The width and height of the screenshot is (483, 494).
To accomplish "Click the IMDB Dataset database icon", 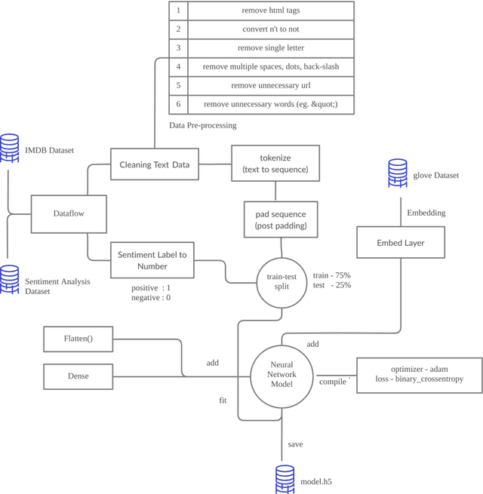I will [10, 148].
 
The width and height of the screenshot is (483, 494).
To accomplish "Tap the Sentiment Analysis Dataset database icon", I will [10, 279].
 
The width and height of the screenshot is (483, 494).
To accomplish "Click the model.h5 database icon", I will [285, 479].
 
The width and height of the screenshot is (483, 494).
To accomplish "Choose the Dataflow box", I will [69, 213].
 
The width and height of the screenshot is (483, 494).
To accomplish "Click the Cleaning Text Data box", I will [155, 164].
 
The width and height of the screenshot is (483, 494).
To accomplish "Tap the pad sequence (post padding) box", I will [281, 219].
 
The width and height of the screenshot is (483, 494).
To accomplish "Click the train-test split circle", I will [281, 281].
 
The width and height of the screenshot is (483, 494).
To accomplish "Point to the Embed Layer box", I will [400, 243].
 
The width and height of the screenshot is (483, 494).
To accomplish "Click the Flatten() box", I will [78, 339].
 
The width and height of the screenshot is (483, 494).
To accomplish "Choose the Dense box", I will [78, 376].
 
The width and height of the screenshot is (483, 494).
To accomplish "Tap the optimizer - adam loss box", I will [419, 374].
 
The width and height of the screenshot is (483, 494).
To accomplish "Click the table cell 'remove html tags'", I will [270, 11].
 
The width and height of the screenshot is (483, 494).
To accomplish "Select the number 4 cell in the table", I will [178, 66].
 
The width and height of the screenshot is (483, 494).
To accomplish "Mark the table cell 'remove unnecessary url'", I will [270, 85].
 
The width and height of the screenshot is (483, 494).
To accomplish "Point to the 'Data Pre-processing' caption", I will [202, 125].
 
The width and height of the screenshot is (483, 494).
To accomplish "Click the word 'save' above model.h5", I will [295, 444].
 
